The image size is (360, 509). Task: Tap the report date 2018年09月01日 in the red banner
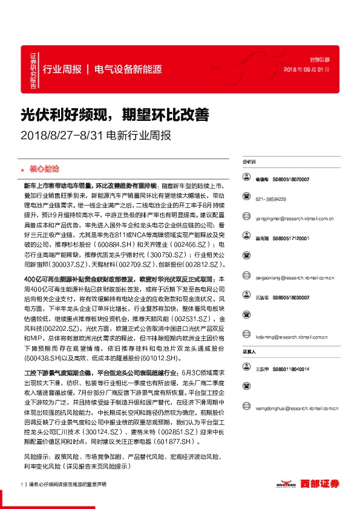[307, 70]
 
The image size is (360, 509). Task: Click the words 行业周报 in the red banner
[62, 69]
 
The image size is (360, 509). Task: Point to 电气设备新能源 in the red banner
[128, 69]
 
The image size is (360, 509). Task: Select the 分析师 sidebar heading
[249, 163]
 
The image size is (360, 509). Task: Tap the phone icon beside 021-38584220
[247, 199]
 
